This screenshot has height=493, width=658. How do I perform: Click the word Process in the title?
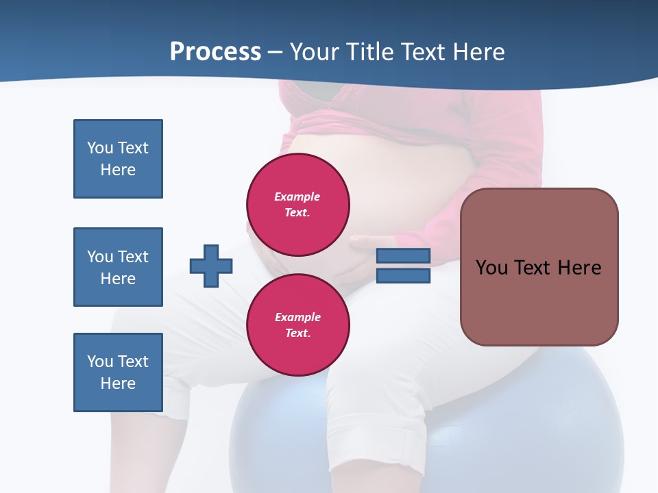(x=215, y=51)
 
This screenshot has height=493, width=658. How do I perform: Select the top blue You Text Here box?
(x=118, y=159)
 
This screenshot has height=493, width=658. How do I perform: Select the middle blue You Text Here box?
(x=118, y=267)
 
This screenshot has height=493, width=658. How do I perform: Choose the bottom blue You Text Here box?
(x=118, y=372)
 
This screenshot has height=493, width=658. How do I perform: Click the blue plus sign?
(x=211, y=266)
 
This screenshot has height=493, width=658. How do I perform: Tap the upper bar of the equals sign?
(x=403, y=255)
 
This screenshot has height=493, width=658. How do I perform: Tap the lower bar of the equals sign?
(x=403, y=276)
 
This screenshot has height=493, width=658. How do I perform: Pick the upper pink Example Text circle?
(x=298, y=204)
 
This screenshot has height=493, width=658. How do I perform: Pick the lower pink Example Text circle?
(x=298, y=325)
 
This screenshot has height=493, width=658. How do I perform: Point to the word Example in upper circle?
(x=297, y=197)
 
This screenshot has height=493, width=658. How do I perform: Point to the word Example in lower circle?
(x=297, y=317)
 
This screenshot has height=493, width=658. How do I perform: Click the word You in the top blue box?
(x=99, y=148)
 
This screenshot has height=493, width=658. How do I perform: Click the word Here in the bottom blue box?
(x=118, y=383)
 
